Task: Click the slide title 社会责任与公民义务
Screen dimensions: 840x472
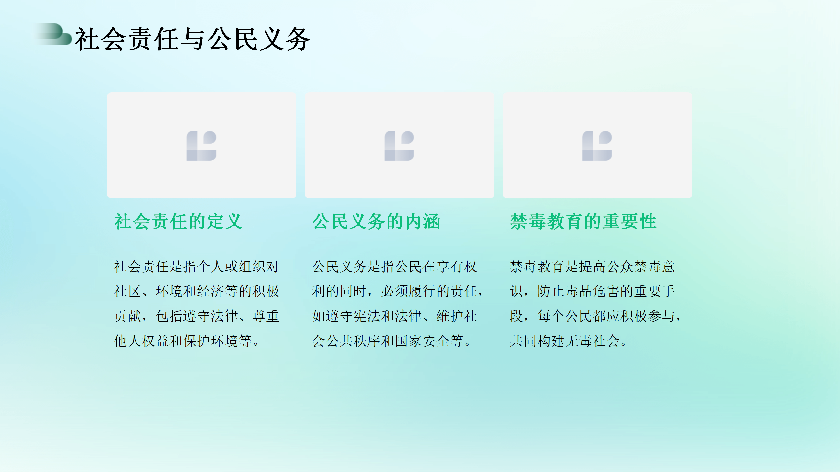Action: tap(193, 39)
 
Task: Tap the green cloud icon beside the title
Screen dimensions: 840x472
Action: tap(54, 34)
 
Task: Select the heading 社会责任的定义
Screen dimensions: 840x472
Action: tap(178, 222)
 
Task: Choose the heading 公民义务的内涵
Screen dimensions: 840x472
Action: tap(376, 222)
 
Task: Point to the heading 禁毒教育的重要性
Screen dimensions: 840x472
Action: tap(583, 222)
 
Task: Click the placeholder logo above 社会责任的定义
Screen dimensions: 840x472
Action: tap(201, 146)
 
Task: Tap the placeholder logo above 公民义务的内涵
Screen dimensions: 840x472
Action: tap(399, 146)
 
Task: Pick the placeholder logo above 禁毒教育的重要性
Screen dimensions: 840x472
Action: tap(597, 146)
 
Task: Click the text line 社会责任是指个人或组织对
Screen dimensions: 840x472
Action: tap(197, 266)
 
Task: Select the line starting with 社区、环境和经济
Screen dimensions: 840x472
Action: tap(197, 291)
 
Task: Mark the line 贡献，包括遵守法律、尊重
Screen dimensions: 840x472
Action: tap(197, 316)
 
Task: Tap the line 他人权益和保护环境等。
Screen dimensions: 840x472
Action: tap(187, 341)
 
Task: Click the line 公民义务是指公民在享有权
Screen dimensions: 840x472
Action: tap(394, 266)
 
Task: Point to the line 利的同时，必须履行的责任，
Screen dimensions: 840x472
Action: tap(398, 291)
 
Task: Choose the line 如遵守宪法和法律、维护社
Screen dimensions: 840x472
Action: tap(394, 316)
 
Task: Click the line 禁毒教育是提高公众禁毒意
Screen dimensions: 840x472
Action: tap(592, 266)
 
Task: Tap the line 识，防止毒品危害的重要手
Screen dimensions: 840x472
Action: tap(592, 291)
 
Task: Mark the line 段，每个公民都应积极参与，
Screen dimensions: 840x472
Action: tap(596, 316)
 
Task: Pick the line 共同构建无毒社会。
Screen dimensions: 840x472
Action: tap(569, 341)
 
